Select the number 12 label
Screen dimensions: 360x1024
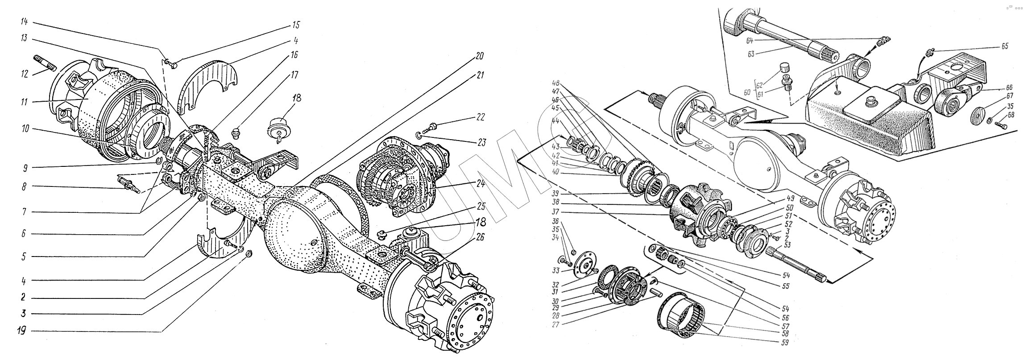(24, 74)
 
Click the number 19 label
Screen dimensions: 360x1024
(22, 331)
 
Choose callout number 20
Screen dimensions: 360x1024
(479, 57)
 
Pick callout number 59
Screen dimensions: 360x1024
(785, 343)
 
